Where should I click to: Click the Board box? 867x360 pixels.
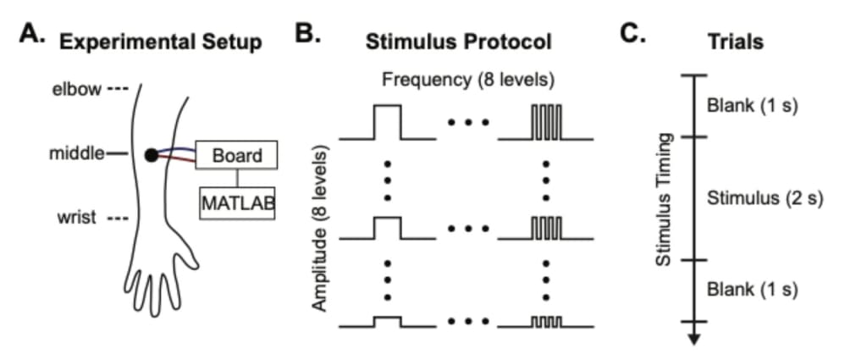237,156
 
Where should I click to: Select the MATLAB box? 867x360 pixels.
237,203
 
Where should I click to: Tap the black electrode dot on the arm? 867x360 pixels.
151,155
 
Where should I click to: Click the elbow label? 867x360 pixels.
76,89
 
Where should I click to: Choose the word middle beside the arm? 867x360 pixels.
76,154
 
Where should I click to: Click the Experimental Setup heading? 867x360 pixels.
161,42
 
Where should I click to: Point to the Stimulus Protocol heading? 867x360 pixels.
458,42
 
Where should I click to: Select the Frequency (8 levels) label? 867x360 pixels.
467,80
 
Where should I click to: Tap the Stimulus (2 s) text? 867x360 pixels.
765,198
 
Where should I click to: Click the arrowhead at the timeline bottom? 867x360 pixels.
693,338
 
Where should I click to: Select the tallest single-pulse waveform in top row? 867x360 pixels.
386,121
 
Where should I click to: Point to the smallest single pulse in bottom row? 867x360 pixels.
386,322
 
